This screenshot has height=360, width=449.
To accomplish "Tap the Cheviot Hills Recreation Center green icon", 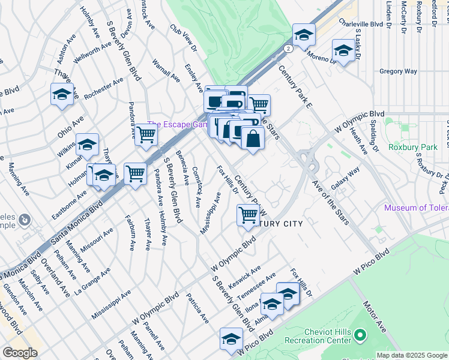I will (x=360, y=334).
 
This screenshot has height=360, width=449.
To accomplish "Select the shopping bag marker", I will (x=253, y=139).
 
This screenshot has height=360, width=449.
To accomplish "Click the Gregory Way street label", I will (x=398, y=71).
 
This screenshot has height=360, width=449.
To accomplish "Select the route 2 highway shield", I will (x=289, y=48).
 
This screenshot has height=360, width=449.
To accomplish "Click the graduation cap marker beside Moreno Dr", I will (x=343, y=51).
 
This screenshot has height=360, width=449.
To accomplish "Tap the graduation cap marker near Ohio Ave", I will (x=62, y=95).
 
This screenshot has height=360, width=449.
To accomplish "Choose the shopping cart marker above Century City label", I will (x=248, y=214).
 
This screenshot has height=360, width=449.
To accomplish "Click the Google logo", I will (x=20, y=353).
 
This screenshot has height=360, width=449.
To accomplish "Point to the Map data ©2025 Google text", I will (x=411, y=355).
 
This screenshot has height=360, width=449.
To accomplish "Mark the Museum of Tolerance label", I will (x=417, y=208).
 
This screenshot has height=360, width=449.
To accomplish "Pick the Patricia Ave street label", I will (x=196, y=307).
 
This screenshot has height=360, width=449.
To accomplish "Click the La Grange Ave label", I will (x=92, y=281).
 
